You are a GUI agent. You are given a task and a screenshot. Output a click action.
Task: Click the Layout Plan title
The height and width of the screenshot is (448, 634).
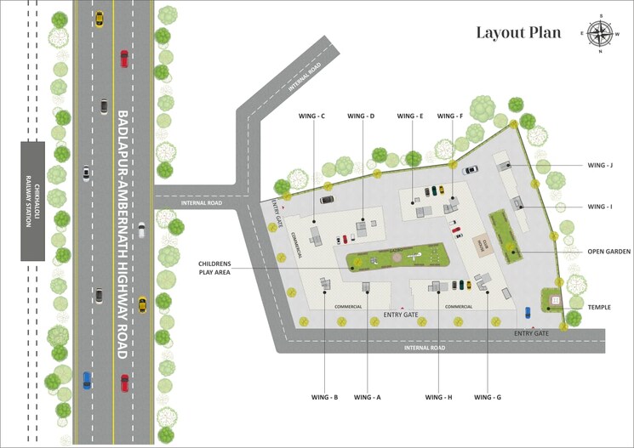tap(518, 33)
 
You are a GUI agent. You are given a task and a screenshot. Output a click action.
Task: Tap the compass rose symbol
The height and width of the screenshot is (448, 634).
tap(601, 33)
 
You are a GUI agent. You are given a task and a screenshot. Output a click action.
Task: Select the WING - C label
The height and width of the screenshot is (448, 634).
tap(311, 116)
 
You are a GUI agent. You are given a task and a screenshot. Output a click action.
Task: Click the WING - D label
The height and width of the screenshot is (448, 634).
tap(361, 116)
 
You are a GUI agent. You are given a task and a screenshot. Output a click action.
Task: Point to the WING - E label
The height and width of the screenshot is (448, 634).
tap(409, 116)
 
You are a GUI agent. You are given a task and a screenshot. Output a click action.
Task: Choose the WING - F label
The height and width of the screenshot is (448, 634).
tap(450, 116)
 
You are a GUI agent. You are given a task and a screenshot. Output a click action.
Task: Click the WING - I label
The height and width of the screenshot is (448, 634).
tap(599, 207)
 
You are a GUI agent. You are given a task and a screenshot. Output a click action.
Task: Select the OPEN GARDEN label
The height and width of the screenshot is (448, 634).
tap(607, 252)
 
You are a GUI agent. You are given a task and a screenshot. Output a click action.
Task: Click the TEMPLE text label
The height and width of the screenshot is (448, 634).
tap(598, 307)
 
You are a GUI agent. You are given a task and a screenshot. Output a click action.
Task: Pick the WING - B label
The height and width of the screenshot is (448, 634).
tap(324, 397)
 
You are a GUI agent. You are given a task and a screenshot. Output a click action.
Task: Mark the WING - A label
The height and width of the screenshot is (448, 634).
tap(367, 397)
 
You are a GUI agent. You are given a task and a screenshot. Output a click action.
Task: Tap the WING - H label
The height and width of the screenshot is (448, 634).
tap(438, 397)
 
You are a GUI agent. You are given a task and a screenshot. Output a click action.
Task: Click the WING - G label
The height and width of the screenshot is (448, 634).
tap(488, 397)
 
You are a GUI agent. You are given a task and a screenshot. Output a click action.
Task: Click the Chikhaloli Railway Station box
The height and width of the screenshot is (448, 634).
tap(33, 201)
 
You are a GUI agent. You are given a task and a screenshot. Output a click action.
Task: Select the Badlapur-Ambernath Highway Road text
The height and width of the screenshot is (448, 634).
tap(123, 234)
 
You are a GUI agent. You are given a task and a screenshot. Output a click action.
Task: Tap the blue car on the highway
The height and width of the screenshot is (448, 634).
tap(87, 380)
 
